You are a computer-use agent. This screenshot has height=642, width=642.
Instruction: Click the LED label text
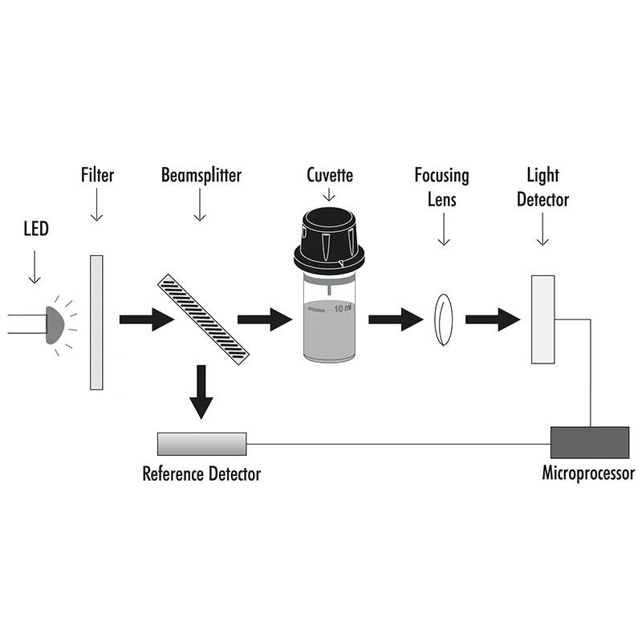[36, 230]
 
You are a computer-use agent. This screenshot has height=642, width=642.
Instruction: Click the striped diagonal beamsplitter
[203, 319]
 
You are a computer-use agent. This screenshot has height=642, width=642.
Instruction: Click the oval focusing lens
[443, 319]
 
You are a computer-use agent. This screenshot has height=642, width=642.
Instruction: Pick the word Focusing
[441, 174]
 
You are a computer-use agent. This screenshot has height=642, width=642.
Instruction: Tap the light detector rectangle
[544, 319]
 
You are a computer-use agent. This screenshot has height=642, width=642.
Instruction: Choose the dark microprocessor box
[590, 441]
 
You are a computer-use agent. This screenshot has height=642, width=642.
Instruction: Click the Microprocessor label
[588, 473]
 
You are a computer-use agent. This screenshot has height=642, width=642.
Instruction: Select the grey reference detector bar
[201, 442]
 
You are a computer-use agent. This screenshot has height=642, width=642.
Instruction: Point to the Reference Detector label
[201, 473]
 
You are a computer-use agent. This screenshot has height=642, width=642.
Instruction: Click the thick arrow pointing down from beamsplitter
[202, 392]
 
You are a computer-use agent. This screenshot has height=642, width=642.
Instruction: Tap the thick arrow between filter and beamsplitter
[146, 320]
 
